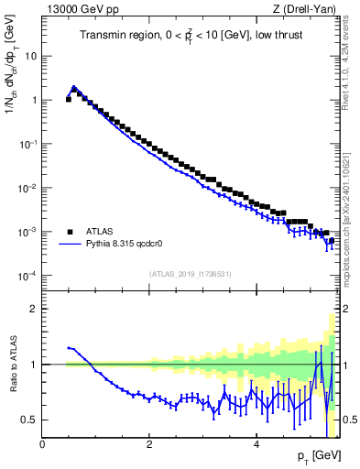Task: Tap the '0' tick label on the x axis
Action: [x=42, y=444]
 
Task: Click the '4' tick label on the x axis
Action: [x=256, y=444]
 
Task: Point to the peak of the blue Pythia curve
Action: [x=74, y=88]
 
